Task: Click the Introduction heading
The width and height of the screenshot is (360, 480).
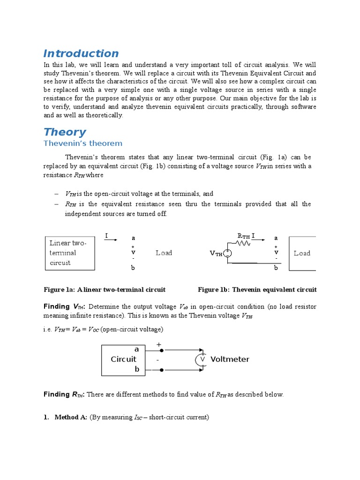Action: click(x=81, y=53)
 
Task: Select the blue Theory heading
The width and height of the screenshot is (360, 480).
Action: click(x=65, y=132)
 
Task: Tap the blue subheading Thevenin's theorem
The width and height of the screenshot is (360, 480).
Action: click(x=83, y=143)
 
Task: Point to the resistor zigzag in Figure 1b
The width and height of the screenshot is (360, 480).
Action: click(x=244, y=243)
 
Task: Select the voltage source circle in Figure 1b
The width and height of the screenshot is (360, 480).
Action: click(x=227, y=253)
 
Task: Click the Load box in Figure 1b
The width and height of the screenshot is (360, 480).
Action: click(x=302, y=253)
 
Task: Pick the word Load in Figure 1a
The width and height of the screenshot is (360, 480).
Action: click(x=164, y=253)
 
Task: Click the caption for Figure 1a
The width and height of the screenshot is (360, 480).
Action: click(x=105, y=290)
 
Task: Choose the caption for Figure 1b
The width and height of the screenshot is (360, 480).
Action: click(x=257, y=290)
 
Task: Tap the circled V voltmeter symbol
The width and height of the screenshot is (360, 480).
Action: click(x=202, y=360)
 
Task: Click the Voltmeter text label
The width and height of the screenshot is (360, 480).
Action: click(x=230, y=360)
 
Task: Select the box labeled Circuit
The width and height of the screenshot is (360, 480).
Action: click(x=123, y=360)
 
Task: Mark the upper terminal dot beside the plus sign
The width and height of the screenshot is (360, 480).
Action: click(x=161, y=350)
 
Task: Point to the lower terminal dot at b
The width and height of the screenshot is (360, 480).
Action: click(x=161, y=370)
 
